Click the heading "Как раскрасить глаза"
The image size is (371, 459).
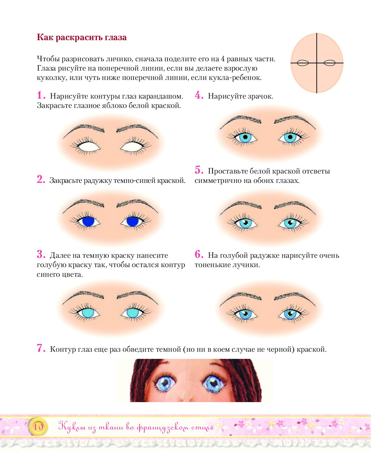tap(82, 37)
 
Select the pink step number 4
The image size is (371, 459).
tap(199, 95)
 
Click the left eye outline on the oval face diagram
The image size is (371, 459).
tap(303, 63)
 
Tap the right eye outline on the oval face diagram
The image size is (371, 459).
tap(329, 63)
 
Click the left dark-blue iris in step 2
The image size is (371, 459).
tap(88, 221)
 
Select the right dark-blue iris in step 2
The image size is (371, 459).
tap(132, 221)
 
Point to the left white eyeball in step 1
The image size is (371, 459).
tap(89, 147)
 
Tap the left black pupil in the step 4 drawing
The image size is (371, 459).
tap(245, 137)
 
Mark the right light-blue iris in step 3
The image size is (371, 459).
tap(132, 313)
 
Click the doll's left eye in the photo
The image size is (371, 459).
tap(165, 383)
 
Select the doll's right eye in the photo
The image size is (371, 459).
tap(214, 383)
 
